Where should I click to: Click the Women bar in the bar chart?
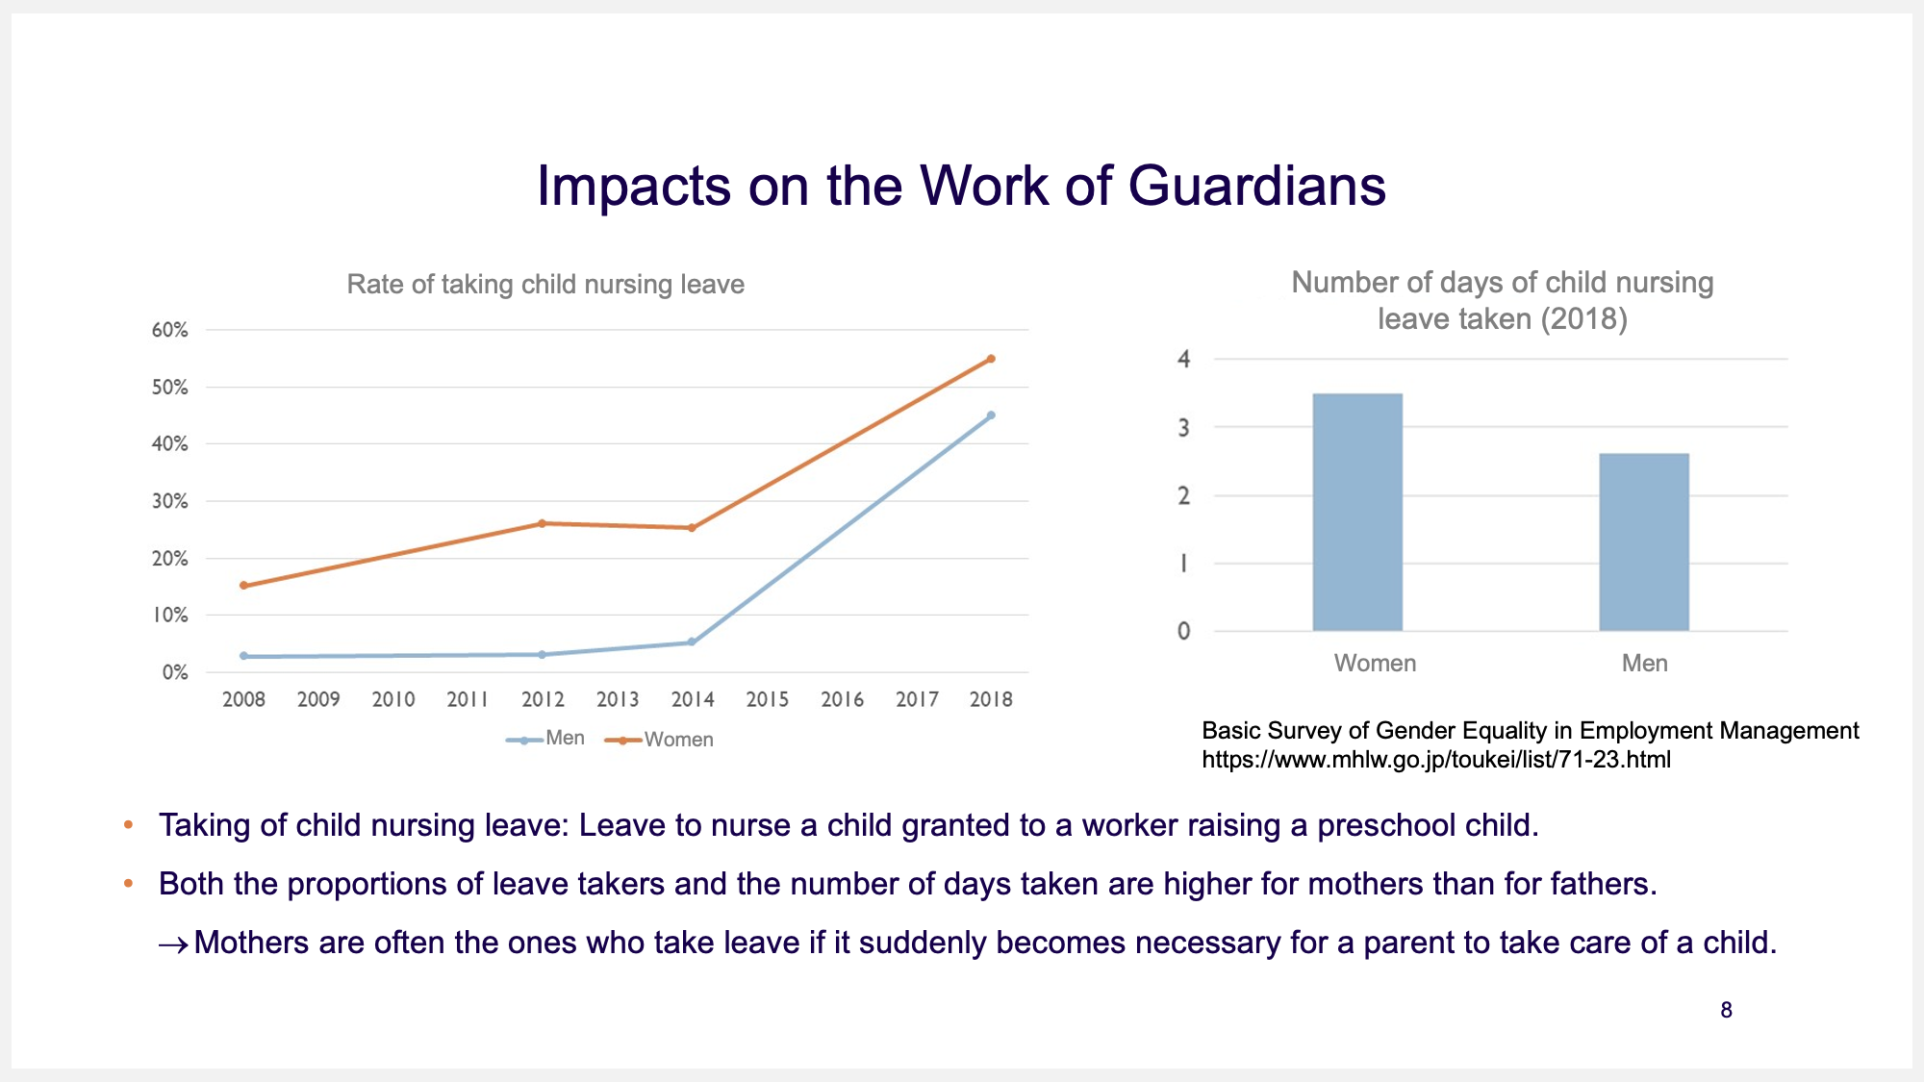coord(1357,512)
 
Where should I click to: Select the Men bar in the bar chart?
coord(1644,541)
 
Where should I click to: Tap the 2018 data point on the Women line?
coord(991,359)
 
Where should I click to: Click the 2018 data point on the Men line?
coord(991,415)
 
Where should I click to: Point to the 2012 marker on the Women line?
coord(543,523)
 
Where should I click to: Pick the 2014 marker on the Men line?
coord(692,642)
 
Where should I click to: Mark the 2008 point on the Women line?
coord(243,585)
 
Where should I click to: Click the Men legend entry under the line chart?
coord(545,739)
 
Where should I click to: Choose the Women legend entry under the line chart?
coord(659,740)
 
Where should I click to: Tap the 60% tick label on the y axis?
coord(170,330)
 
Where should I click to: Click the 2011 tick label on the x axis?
coord(468,699)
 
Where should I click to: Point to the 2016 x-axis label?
coord(842,699)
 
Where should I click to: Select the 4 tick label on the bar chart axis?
coord(1184,359)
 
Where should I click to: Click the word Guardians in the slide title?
coord(1257,185)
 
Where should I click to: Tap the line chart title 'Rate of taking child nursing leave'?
coord(545,285)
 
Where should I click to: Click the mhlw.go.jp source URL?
coord(1436,760)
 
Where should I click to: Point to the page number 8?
coord(1727,1010)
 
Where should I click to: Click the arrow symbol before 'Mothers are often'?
coord(173,945)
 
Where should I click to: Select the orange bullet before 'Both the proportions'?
coord(128,883)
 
